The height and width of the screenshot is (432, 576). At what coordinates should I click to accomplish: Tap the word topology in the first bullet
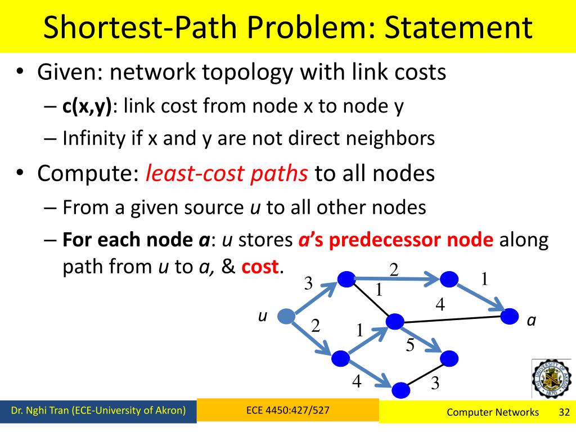[251, 73]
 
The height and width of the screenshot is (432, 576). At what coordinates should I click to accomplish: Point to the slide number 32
[564, 412]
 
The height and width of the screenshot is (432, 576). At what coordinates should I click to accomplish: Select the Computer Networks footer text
[493, 412]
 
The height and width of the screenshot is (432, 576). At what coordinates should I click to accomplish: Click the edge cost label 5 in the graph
[410, 345]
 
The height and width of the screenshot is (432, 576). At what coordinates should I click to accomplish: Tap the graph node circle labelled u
[287, 317]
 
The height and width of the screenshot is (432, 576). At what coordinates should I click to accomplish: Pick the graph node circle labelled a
[510, 316]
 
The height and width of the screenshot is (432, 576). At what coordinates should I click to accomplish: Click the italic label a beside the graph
[531, 321]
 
